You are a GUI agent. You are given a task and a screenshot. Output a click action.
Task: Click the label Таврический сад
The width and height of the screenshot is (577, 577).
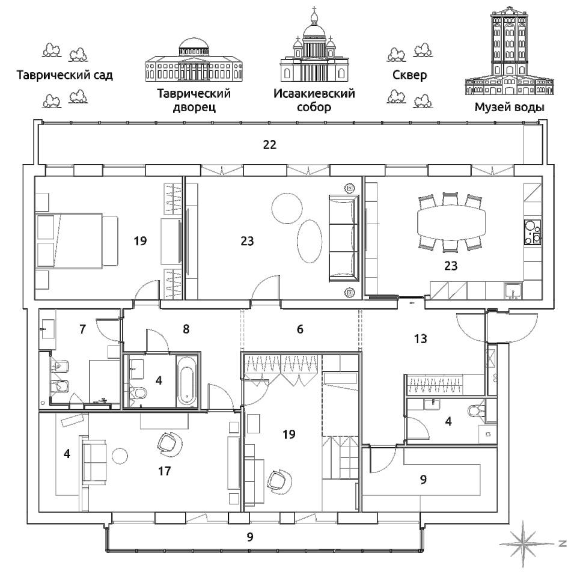[x=65, y=76]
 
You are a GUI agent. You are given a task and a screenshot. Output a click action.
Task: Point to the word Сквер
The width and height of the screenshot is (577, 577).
[x=409, y=75]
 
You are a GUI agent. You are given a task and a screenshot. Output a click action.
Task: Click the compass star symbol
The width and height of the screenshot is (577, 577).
[x=527, y=543]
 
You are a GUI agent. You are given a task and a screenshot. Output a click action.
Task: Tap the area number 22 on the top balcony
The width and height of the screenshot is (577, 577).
[x=270, y=145]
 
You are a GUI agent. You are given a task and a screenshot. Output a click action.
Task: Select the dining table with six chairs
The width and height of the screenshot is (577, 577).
[x=451, y=222]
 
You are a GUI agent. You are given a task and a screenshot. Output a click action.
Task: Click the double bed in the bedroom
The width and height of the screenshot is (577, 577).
[x=76, y=240]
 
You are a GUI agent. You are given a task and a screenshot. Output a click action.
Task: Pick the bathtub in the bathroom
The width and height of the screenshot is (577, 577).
[x=188, y=380]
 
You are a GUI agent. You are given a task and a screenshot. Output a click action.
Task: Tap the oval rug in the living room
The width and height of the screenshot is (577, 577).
[x=310, y=241]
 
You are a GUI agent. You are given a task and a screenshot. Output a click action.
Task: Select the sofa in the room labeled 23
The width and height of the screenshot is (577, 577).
[x=344, y=239]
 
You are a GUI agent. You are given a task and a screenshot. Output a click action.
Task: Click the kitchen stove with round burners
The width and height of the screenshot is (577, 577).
[x=533, y=233]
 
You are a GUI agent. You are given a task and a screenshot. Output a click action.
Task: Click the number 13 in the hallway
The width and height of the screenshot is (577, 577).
[x=421, y=338]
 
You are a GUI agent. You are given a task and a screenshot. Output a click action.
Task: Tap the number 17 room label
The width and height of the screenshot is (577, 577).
[x=165, y=471]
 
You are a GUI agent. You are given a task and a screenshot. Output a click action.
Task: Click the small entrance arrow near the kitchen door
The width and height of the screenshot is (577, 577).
[x=411, y=303]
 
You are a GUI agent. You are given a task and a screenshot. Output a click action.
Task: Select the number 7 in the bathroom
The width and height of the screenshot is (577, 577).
[x=82, y=329]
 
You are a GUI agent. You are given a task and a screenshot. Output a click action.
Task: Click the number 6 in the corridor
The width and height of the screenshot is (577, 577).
[x=301, y=329]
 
